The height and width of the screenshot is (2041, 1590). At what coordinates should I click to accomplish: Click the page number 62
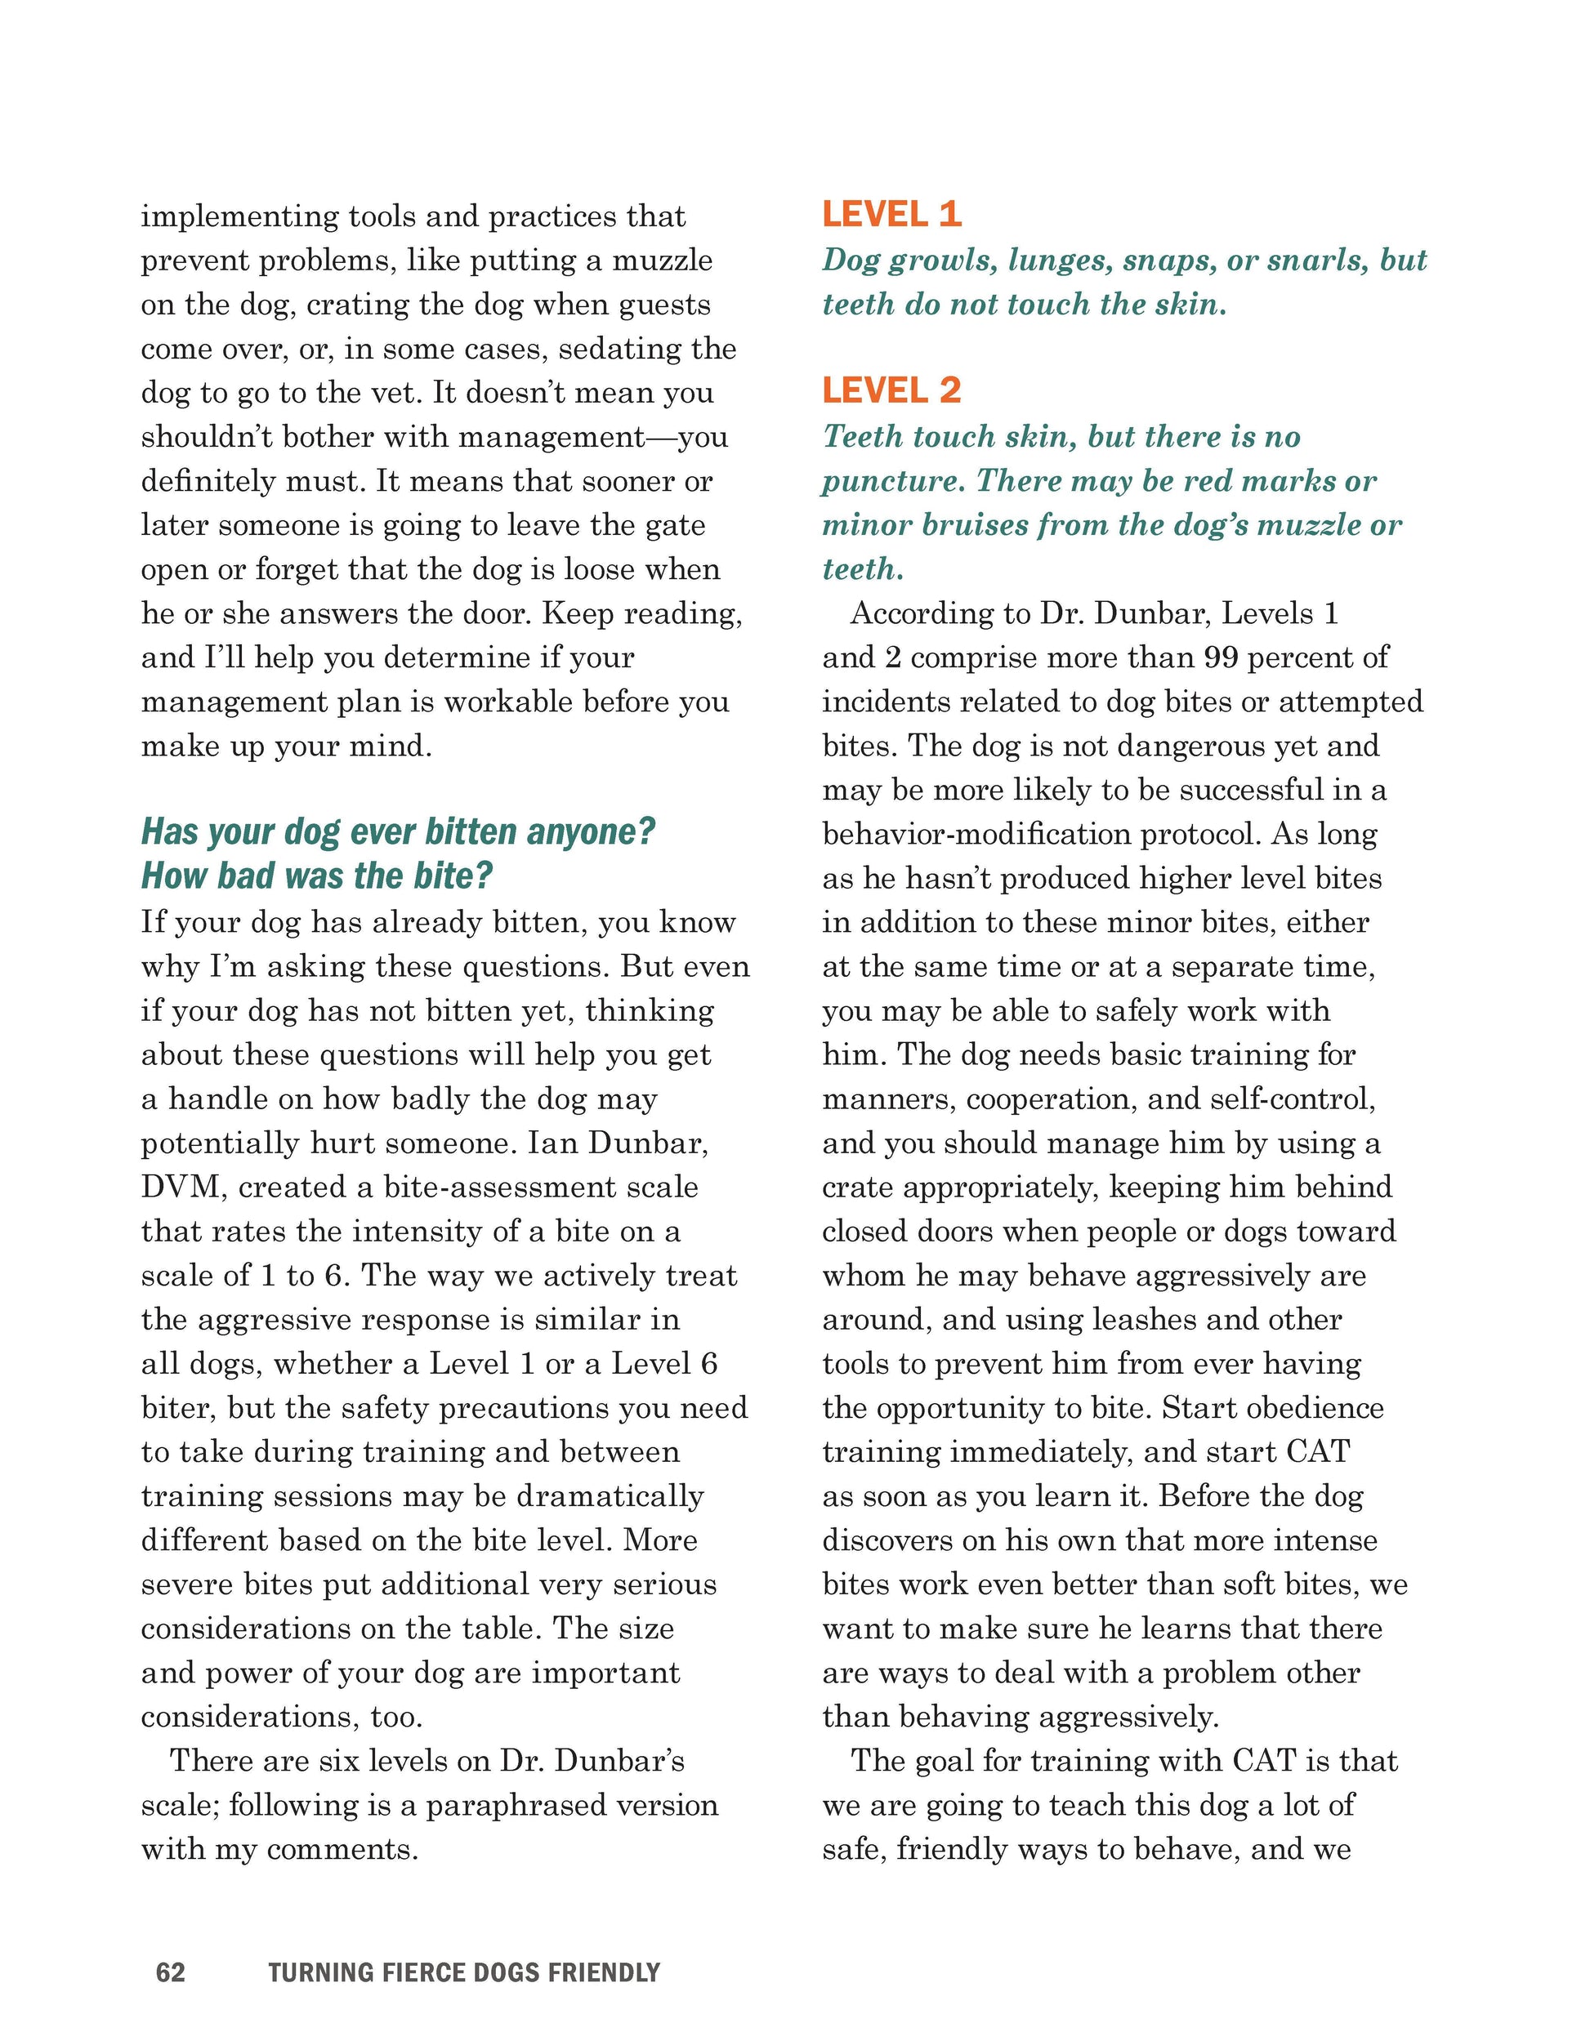click(170, 1972)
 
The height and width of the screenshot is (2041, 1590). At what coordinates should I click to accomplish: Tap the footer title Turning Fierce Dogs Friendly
click(463, 1972)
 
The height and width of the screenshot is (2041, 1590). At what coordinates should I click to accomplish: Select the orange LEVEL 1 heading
click(891, 215)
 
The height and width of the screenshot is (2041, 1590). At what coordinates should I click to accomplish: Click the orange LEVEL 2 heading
click(891, 390)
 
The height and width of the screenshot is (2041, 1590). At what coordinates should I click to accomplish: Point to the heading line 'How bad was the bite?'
click(316, 876)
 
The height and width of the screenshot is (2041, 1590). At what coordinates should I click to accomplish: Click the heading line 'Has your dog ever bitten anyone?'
click(398, 831)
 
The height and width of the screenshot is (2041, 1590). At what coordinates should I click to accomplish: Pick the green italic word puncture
click(891, 482)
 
